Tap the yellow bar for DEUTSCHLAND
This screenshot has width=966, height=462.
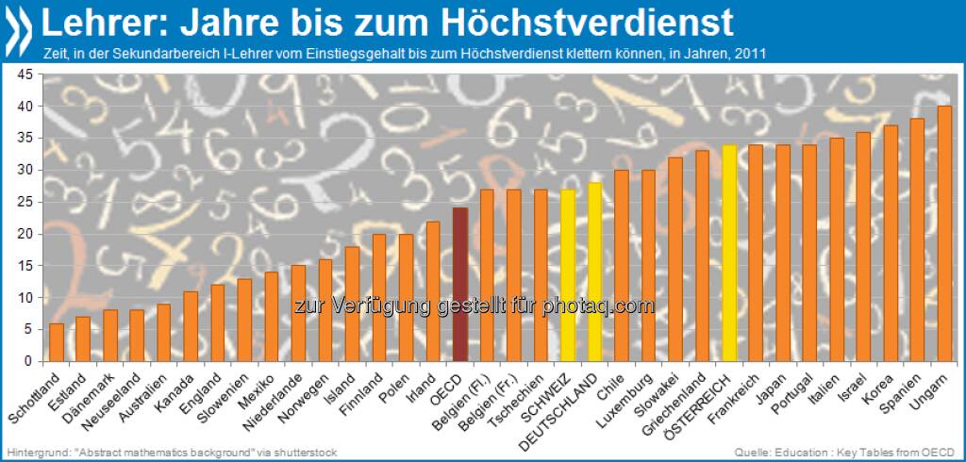point(595,272)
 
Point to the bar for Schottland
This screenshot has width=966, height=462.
point(57,342)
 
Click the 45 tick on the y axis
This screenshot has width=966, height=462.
point(25,74)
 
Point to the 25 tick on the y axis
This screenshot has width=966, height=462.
point(25,203)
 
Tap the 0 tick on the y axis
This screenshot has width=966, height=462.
point(29,362)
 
